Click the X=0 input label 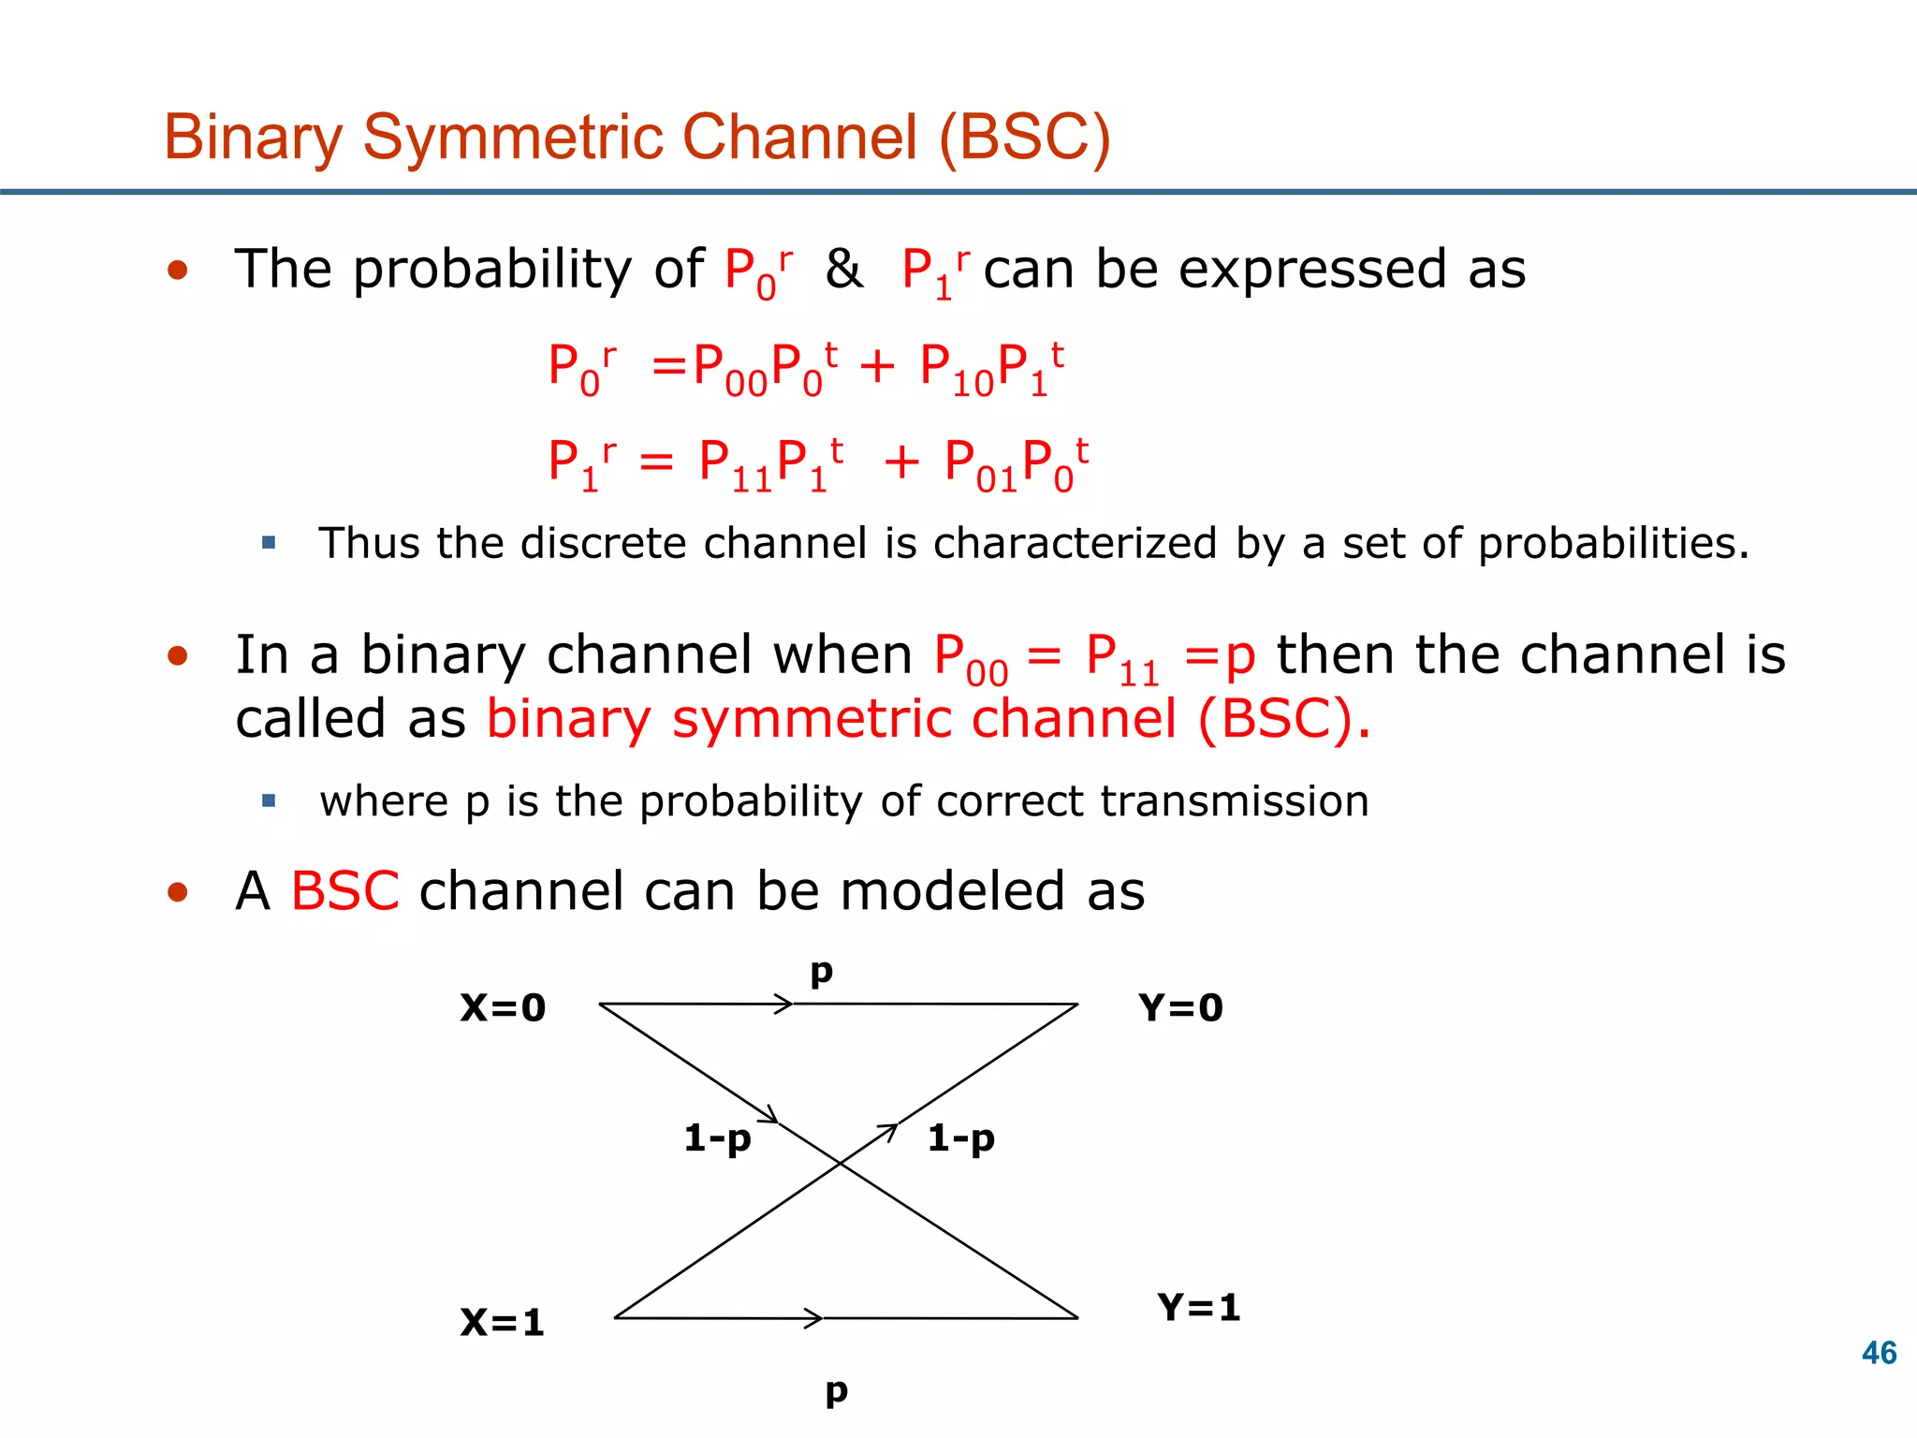coord(503,1008)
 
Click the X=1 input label coord(502,1323)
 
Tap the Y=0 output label coord(1180,1008)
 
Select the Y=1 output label coord(1199,1308)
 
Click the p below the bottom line coord(836,1392)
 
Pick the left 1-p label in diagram coord(717,1139)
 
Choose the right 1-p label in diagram coord(960,1139)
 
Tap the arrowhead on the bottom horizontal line coord(814,1318)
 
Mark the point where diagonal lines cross coord(840,1164)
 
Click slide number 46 coord(1879,1353)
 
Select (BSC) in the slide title coord(1024,138)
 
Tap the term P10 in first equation coord(956,369)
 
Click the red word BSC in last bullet coord(344,890)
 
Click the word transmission coord(1234,801)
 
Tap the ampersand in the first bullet coord(843,270)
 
